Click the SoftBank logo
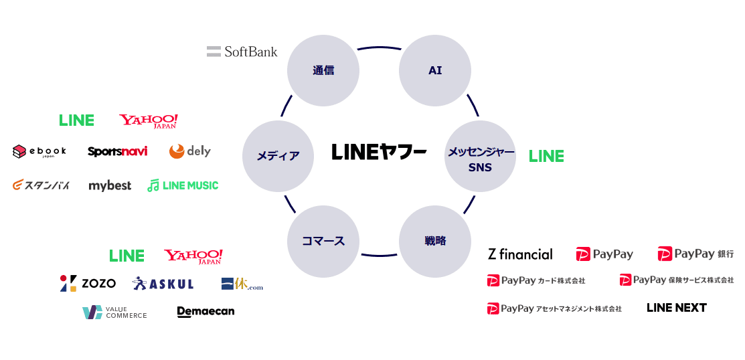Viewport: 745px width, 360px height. point(242,52)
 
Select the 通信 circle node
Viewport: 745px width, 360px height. point(323,70)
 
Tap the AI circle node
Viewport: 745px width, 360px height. point(435,70)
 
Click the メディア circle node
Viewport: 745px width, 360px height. point(278,156)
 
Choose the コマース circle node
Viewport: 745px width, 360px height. point(323,241)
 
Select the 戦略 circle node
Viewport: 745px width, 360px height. point(435,241)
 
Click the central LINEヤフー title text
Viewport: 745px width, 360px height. point(379,153)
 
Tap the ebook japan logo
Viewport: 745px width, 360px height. point(39,152)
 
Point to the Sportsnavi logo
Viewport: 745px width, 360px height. point(117,151)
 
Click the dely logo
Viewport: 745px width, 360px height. point(189,151)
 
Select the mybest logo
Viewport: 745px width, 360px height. point(110,185)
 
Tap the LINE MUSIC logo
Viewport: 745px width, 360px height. point(183,185)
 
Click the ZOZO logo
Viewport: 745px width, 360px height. point(88,284)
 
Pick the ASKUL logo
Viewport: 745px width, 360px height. point(163,284)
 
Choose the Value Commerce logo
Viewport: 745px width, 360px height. point(114,312)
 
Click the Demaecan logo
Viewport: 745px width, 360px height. point(205,312)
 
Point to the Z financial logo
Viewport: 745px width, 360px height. point(520,254)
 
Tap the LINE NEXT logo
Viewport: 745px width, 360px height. point(676,308)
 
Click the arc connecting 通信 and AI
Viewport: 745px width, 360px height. point(379,48)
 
